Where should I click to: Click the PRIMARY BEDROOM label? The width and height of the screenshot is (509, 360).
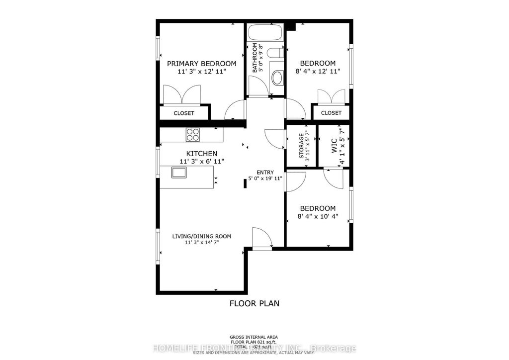click(201, 64)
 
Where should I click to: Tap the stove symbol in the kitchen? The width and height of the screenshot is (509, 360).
click(193, 134)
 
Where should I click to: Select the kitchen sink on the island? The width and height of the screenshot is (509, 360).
click(179, 173)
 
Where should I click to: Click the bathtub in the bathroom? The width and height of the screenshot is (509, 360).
click(264, 32)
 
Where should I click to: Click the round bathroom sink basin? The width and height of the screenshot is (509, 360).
click(277, 78)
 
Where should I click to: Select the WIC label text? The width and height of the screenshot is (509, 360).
click(334, 146)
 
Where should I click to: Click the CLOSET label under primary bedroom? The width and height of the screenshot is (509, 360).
click(184, 113)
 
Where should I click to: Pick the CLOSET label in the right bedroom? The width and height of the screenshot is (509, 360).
click(331, 113)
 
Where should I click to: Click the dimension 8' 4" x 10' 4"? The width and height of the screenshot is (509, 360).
click(317, 216)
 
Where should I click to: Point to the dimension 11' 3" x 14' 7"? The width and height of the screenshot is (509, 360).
click(201, 243)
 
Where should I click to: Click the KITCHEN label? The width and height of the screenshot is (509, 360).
click(201, 154)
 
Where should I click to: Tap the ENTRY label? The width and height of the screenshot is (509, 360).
click(265, 173)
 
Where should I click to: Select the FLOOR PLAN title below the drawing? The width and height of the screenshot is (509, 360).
click(254, 303)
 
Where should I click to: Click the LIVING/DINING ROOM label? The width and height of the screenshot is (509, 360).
click(201, 236)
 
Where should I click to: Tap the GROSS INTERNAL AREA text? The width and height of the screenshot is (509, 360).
click(254, 337)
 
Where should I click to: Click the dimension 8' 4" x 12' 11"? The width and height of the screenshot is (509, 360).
click(317, 72)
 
